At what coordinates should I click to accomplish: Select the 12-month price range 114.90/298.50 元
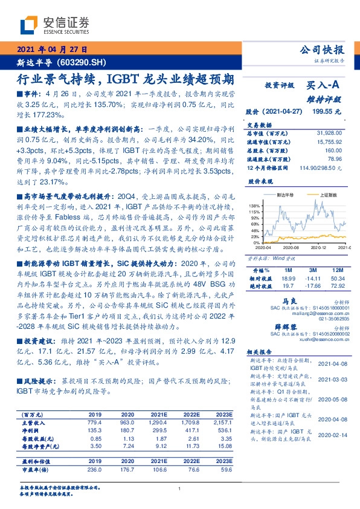tap(321, 167)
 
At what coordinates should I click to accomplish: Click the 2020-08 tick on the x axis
tap(292, 248)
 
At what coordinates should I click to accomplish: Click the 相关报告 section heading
tap(261, 351)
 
